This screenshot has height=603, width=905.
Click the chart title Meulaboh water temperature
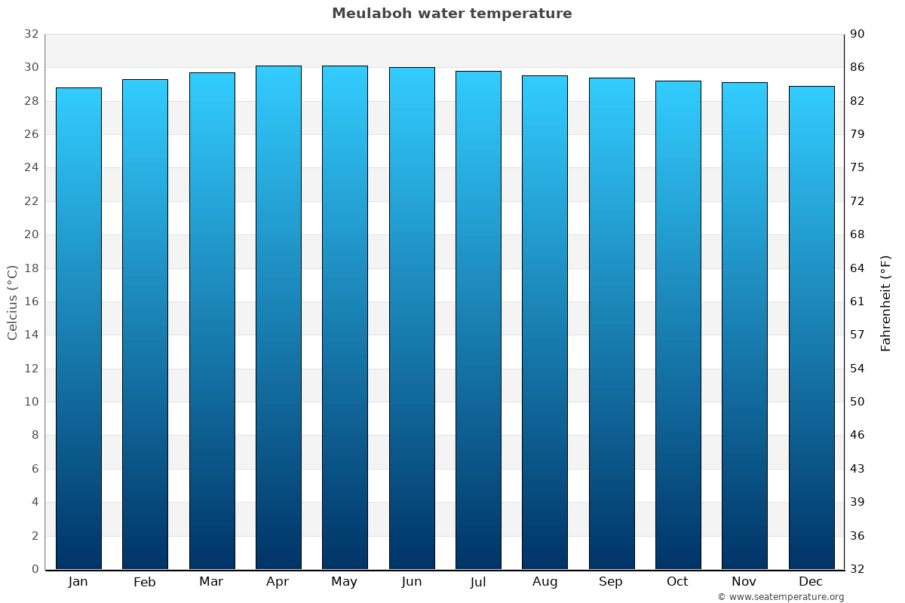tap(452, 14)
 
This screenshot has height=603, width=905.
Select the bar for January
tap(78, 328)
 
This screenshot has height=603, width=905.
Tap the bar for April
tap(278, 317)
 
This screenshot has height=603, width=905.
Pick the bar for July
tap(478, 320)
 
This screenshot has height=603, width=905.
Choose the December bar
tap(811, 327)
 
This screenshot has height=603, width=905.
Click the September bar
tap(612, 323)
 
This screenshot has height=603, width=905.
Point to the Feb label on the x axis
tap(145, 582)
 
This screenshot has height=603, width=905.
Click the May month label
tap(345, 582)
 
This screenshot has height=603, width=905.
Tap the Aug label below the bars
tap(545, 582)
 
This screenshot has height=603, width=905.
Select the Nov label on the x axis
tap(744, 582)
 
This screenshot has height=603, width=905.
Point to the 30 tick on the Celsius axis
tap(31, 68)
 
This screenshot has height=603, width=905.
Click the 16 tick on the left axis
tap(31, 301)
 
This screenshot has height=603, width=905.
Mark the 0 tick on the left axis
tap(35, 569)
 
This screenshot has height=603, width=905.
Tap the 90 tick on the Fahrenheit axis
tap(858, 34)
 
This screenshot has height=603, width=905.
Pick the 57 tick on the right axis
tap(858, 335)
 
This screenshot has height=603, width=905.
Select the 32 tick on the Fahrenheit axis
tap(858, 569)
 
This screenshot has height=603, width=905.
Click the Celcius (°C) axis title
tap(13, 301)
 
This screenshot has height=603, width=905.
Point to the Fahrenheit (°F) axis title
tap(885, 302)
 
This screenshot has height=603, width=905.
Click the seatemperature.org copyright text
tap(781, 597)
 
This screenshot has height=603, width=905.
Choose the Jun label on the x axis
tap(412, 582)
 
